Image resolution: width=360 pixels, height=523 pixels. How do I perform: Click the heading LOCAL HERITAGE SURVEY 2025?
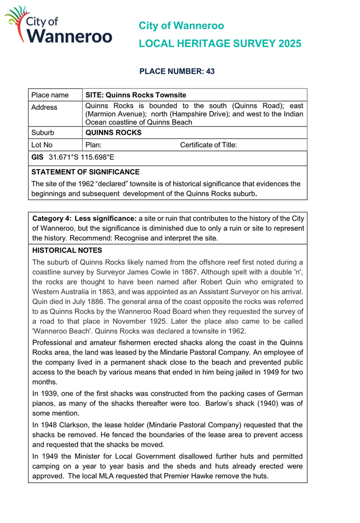(220, 43)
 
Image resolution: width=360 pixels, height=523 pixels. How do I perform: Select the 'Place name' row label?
(50, 95)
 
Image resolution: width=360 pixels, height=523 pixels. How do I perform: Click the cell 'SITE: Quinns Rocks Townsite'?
(135, 95)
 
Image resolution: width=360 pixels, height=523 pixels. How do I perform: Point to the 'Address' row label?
(44, 108)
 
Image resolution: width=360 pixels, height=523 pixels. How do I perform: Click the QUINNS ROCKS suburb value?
(113, 133)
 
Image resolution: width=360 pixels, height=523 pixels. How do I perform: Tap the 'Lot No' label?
(42, 145)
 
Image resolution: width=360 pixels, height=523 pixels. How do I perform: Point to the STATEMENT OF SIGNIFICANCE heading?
(85, 172)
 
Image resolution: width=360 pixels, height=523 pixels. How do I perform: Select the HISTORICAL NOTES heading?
(67, 250)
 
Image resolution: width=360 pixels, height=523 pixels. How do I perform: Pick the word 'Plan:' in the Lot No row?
(94, 145)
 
